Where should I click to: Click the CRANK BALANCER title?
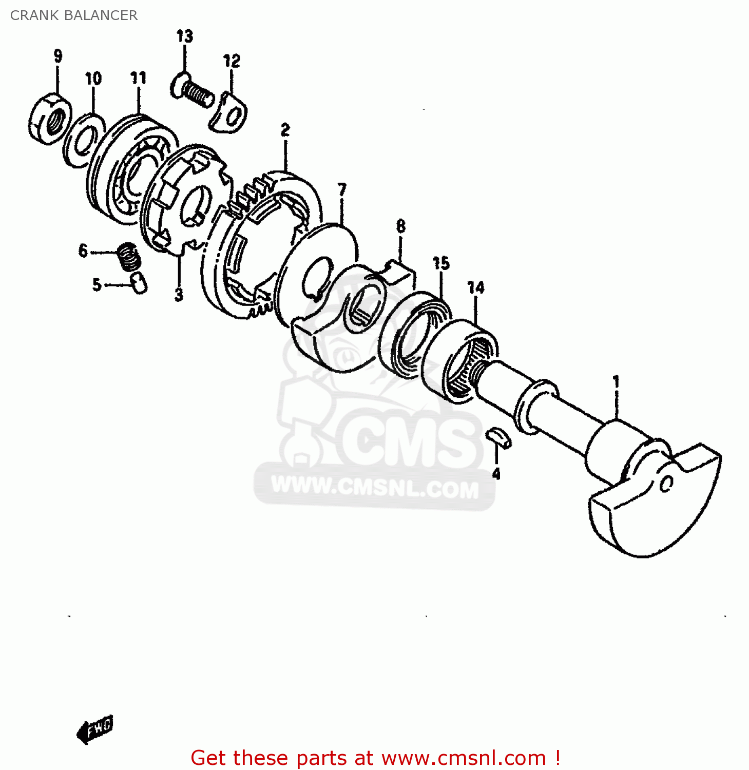click(74, 15)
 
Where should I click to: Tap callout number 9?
click(57, 55)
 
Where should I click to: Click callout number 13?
click(185, 36)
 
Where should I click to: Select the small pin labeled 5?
click(139, 282)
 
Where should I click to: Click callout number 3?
click(179, 295)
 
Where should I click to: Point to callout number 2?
click(285, 130)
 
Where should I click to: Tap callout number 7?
click(342, 189)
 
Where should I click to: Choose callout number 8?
click(401, 226)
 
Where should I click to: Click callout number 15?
click(441, 263)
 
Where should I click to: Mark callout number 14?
click(476, 287)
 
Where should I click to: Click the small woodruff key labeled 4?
click(498, 437)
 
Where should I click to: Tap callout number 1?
click(616, 382)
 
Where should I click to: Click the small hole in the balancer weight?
click(666, 484)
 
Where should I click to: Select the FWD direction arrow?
click(95, 729)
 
